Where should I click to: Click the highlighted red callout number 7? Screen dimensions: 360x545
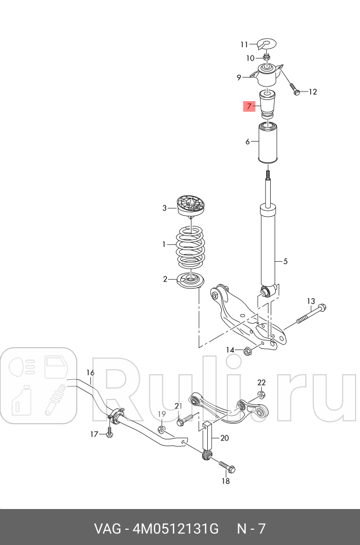[249, 106]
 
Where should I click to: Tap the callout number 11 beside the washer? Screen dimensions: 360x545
[244, 44]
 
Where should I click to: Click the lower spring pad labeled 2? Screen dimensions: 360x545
[190, 281]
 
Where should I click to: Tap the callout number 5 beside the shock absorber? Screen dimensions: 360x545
[285, 261]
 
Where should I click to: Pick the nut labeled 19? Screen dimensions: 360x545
[161, 429]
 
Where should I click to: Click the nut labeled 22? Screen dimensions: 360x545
[262, 395]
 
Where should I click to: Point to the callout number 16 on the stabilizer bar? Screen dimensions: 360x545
[90, 373]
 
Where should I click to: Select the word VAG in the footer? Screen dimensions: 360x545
[107, 529]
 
